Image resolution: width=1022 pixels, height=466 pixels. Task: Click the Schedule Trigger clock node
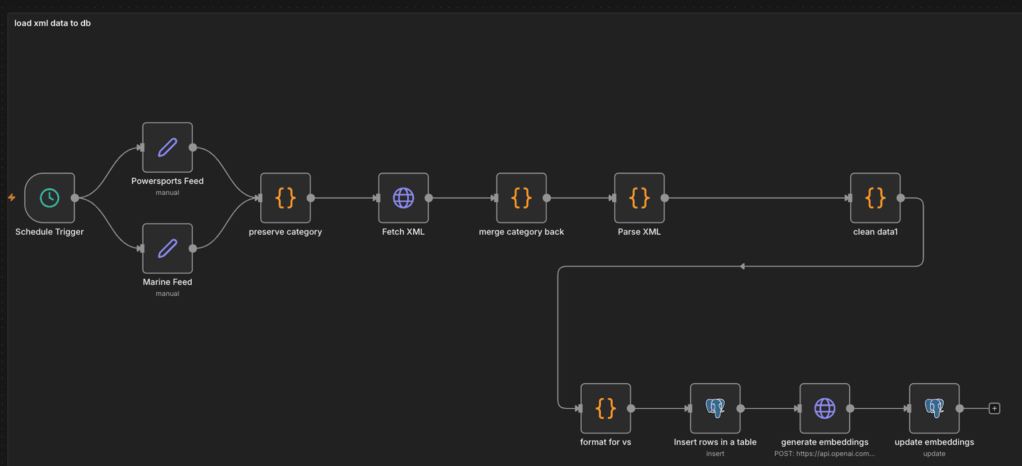(49, 197)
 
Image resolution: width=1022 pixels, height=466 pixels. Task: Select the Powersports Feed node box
(168, 147)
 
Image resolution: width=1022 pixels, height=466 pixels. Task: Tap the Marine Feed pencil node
(168, 248)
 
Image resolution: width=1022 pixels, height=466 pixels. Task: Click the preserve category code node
(285, 197)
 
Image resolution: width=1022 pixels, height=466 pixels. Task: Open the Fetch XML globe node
(403, 197)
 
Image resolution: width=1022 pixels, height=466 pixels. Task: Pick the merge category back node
(522, 197)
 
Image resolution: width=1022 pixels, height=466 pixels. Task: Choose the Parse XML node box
(639, 197)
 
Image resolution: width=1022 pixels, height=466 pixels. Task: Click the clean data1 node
(876, 197)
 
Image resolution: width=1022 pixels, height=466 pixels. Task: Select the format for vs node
(605, 408)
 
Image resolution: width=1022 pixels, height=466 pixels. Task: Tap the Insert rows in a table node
(715, 408)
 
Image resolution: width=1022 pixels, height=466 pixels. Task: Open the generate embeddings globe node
(825, 408)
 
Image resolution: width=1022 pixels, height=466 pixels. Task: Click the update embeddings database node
(934, 408)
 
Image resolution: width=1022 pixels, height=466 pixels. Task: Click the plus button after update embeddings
(994, 408)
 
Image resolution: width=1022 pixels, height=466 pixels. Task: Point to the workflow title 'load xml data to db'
(53, 23)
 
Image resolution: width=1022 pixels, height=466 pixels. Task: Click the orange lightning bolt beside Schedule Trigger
(11, 197)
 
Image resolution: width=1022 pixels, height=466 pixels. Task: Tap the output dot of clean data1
(900, 197)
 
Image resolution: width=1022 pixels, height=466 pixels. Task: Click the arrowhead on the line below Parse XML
(742, 267)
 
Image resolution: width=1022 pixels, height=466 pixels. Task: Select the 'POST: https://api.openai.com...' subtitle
(824, 453)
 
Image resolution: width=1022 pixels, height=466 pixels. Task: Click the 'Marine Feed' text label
(168, 282)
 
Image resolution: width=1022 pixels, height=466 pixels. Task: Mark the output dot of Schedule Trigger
(75, 197)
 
